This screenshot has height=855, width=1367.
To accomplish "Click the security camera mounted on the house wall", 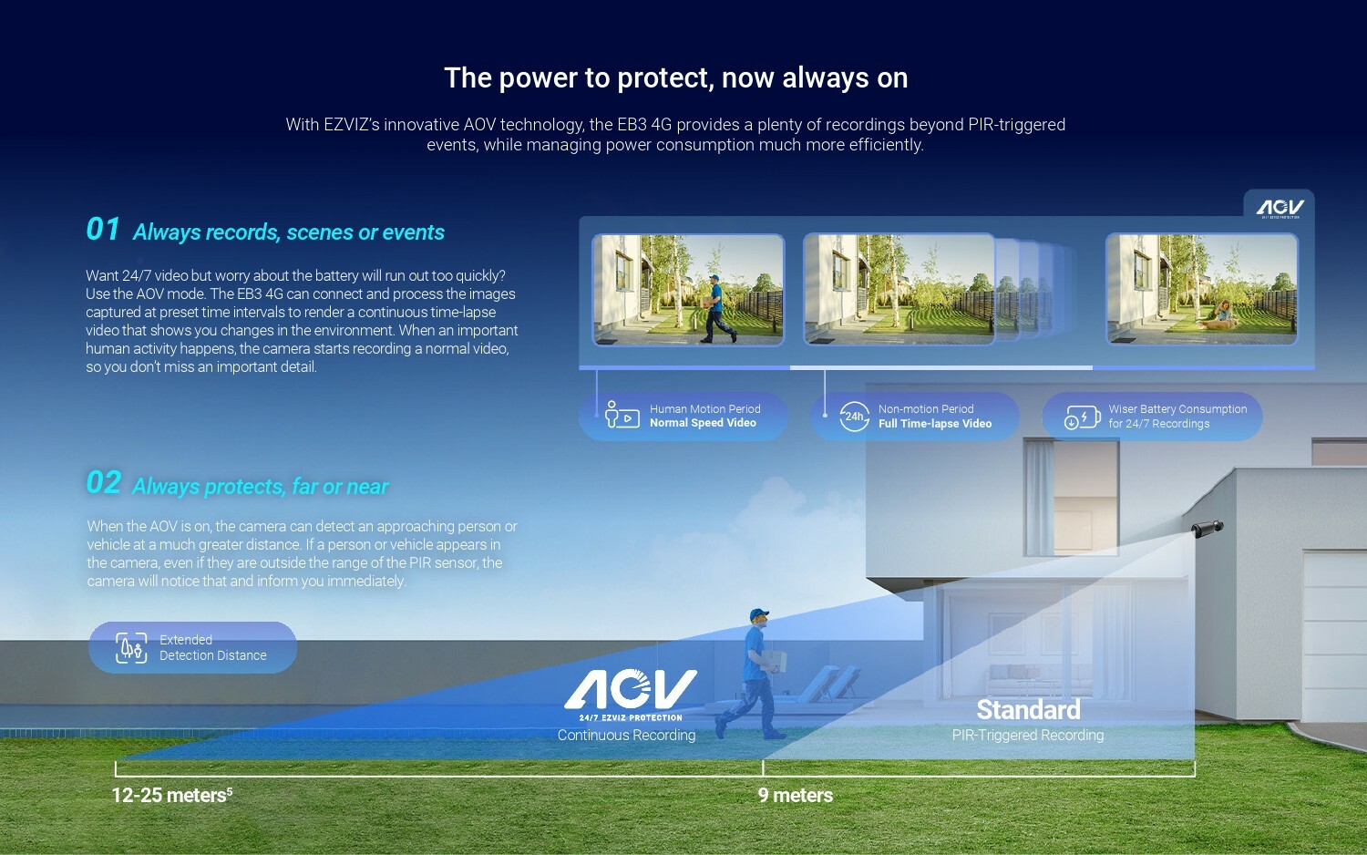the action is pos(1208,529).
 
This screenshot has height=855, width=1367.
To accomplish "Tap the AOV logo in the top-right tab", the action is pos(1280,208).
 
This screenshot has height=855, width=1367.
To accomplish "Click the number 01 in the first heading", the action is pos(102,230).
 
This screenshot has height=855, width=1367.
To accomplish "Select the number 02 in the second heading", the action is pos(103,483).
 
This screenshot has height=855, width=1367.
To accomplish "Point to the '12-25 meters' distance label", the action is pos(172,795).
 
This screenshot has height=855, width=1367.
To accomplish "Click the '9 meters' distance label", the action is pos(796,795).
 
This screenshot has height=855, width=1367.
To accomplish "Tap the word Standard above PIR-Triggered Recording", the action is pos(1028,710).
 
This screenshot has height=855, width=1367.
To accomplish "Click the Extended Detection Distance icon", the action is pos(131,647).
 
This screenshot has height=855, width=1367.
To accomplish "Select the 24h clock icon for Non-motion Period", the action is pos(855,417).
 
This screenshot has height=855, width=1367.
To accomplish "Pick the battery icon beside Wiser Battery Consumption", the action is pos(1082,417).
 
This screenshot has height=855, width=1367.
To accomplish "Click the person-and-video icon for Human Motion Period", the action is pos(622,415).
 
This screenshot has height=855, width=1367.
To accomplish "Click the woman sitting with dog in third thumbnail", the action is pos(1222,314).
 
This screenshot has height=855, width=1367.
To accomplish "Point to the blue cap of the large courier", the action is pos(758,613).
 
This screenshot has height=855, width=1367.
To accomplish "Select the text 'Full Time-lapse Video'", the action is pos(935,424).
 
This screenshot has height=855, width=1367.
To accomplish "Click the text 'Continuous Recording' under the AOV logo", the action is pos(626,735).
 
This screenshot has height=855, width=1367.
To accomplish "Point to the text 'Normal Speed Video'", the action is pos(703,423).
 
